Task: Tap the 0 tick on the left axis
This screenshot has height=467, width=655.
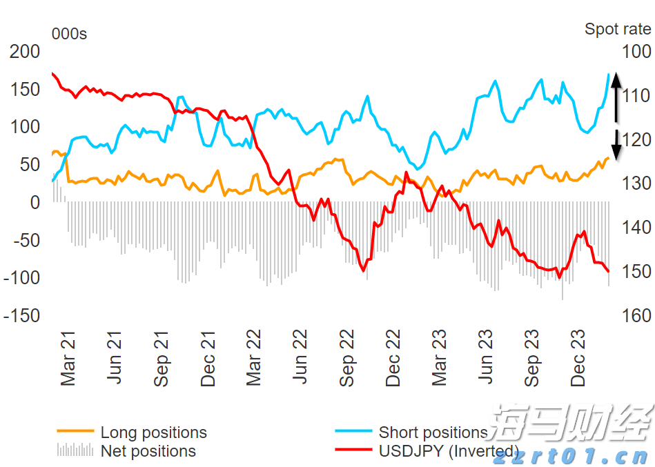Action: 35,203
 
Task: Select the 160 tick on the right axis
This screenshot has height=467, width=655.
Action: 636,315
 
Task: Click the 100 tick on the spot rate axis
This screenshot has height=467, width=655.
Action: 636,52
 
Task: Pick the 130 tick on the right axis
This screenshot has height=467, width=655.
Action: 636,183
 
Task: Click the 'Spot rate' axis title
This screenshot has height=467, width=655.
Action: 618,29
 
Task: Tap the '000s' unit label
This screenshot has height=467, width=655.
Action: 69,34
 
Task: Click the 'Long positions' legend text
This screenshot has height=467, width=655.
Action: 153,433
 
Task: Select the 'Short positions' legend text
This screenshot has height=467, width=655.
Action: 433,433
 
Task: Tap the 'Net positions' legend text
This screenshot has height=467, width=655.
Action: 148,452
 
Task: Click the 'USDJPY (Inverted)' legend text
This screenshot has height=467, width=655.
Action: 449,452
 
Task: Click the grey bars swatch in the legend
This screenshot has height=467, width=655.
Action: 75,450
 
